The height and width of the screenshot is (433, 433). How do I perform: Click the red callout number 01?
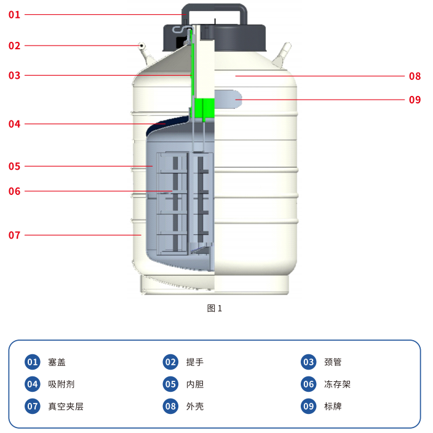click(x=14, y=15)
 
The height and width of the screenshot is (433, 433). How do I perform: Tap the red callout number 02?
click(x=14, y=46)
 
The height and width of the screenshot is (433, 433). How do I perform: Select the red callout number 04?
click(x=14, y=124)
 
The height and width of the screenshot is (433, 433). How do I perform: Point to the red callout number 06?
click(x=14, y=191)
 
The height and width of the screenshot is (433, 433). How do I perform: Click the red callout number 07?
click(x=14, y=236)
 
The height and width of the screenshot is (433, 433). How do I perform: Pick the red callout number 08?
click(x=415, y=76)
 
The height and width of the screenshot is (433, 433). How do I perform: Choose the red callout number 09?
click(x=415, y=100)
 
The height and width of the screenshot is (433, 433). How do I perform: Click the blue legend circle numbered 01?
click(x=33, y=362)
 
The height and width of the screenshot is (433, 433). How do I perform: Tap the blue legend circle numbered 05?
click(x=170, y=384)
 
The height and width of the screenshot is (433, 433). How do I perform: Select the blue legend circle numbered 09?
click(x=309, y=406)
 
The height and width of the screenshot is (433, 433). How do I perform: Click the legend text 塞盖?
click(x=57, y=362)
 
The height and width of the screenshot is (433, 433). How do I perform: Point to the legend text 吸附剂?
click(x=61, y=384)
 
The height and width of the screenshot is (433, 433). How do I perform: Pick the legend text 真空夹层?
click(x=65, y=407)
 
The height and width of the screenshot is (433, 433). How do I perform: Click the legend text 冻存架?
click(x=337, y=384)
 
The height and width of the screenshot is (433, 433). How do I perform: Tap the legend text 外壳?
click(x=195, y=407)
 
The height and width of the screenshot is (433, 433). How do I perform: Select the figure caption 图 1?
click(x=214, y=308)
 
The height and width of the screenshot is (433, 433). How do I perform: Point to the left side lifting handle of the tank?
click(x=145, y=54)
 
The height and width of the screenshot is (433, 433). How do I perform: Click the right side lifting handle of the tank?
click(x=282, y=55)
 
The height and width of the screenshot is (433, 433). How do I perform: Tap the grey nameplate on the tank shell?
click(x=228, y=99)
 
